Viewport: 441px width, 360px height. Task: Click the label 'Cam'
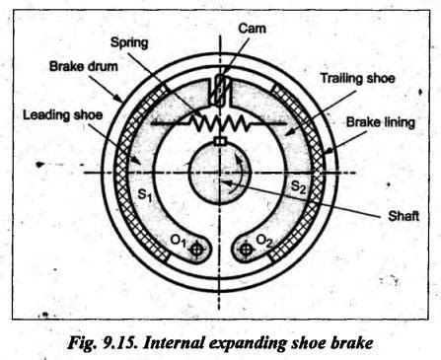pyautogui.click(x=252, y=29)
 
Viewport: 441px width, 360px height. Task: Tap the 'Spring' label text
pyautogui.click(x=129, y=43)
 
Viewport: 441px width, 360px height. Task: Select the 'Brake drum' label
pyautogui.click(x=84, y=66)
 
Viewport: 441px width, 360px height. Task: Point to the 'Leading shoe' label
pyautogui.click(x=62, y=115)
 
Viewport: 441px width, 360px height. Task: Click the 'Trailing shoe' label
pyautogui.click(x=358, y=78)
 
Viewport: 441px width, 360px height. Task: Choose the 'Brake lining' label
pyautogui.click(x=381, y=122)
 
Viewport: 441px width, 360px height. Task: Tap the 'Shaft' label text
pyautogui.click(x=404, y=216)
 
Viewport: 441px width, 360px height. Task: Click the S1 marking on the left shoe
pyautogui.click(x=144, y=195)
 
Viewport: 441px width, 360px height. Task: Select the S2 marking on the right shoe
pyautogui.click(x=299, y=187)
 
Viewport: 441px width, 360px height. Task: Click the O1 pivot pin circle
pyautogui.click(x=196, y=250)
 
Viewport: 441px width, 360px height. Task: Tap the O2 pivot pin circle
pyautogui.click(x=245, y=250)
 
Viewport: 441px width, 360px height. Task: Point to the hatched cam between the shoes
pyautogui.click(x=220, y=90)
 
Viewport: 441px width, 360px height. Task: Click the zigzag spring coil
pyautogui.click(x=220, y=123)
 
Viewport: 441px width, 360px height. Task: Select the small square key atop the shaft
pyautogui.click(x=219, y=141)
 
